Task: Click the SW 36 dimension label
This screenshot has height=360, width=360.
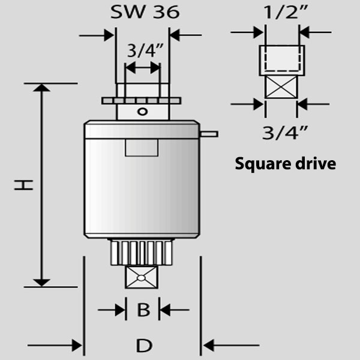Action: coord(145,12)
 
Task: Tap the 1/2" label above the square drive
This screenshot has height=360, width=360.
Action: coord(286,12)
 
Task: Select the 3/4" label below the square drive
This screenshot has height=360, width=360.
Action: coord(284,133)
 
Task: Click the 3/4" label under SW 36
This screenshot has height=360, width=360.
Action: coord(145,50)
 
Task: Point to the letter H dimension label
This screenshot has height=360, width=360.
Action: coord(23,185)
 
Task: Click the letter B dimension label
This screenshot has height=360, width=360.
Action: coord(143,310)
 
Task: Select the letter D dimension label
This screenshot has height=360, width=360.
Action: coord(144,346)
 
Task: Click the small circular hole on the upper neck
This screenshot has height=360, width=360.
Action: coord(142,112)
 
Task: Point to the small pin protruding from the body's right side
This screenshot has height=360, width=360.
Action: coord(209,134)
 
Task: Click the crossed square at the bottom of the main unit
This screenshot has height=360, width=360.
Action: coord(142,277)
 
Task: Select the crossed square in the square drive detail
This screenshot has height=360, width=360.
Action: coord(281,87)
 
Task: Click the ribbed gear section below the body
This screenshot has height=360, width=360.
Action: coord(141,253)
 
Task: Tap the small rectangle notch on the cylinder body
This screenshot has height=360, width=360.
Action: coord(142,148)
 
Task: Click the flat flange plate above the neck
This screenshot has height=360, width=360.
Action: coord(141,101)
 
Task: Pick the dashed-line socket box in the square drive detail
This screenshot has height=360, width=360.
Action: coord(282,61)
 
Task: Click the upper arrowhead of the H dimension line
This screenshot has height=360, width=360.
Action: coord(41,88)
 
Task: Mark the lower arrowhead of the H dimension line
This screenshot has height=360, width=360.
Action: coord(41,283)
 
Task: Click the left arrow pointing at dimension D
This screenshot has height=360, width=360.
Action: coord(55,346)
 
